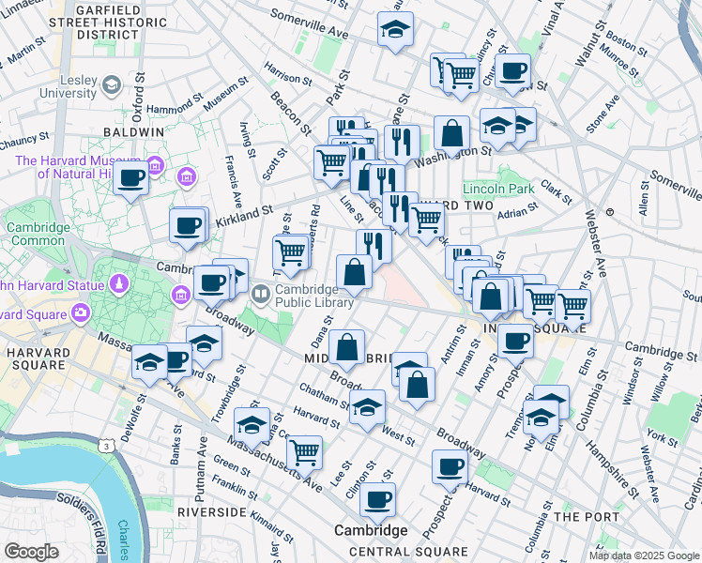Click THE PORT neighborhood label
pos(587,517)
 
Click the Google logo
pos(31,551)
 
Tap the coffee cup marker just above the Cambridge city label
pos(377,499)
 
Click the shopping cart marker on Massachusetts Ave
pos(304,453)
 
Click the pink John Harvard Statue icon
pos(119,282)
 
